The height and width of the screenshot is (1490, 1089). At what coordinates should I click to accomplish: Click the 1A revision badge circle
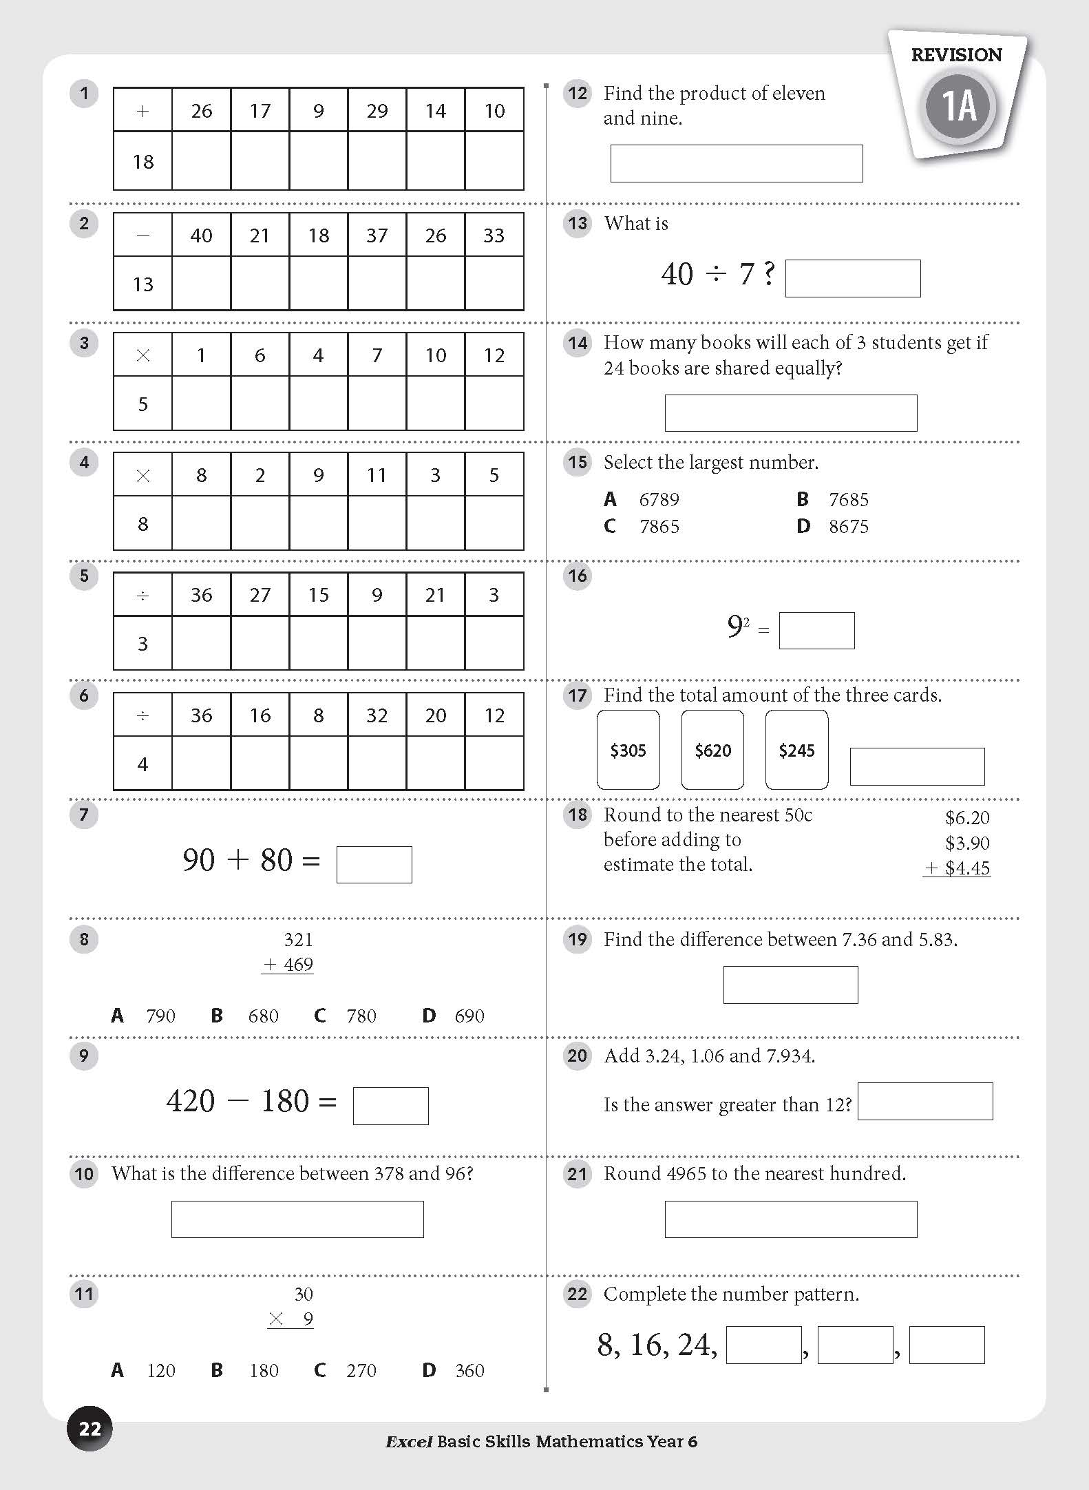[x=958, y=107]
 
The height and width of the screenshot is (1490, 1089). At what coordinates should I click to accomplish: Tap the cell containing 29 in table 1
[x=377, y=110]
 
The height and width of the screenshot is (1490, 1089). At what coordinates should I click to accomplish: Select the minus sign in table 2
[x=142, y=235]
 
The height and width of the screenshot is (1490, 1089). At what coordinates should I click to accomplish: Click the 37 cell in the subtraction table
[x=377, y=235]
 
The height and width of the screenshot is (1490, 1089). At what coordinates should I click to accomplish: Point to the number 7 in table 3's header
[x=377, y=355]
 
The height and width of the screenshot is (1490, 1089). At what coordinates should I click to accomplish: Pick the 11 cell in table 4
[x=377, y=475]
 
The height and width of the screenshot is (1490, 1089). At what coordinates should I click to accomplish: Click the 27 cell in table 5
[x=260, y=595]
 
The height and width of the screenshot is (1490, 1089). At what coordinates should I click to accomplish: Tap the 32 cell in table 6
[x=377, y=715]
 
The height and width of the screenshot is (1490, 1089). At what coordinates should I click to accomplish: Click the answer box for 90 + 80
[x=374, y=864]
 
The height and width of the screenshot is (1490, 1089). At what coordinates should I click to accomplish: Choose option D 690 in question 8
[x=454, y=1016]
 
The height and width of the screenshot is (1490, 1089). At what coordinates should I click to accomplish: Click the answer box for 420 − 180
[x=390, y=1105]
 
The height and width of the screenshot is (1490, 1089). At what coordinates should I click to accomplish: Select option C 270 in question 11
[x=348, y=1370]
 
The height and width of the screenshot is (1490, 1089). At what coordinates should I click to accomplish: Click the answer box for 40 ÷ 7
[x=852, y=278]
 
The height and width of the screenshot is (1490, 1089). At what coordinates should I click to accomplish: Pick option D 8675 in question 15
[x=833, y=527]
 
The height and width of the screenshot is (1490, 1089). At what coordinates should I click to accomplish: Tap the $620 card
[x=712, y=750]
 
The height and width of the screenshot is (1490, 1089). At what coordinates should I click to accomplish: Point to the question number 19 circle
[x=578, y=939]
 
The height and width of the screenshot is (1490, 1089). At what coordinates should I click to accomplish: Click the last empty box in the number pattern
[x=947, y=1345]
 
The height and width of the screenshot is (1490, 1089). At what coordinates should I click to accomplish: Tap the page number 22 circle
[x=89, y=1429]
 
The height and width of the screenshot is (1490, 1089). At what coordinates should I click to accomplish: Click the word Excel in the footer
[x=409, y=1442]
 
